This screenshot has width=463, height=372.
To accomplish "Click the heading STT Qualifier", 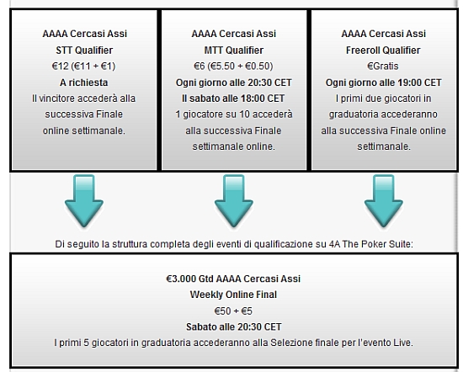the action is click(84, 50).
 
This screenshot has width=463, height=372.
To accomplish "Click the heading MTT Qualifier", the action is click(233, 50).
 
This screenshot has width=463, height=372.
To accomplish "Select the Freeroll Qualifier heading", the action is click(383, 50).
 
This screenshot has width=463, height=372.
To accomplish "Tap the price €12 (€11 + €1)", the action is click(83, 66).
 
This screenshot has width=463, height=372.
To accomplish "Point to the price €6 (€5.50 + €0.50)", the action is click(233, 66).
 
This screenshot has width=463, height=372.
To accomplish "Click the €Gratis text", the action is click(383, 66).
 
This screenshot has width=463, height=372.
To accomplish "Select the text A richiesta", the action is click(84, 82).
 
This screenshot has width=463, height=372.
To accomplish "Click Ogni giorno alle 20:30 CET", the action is click(233, 82).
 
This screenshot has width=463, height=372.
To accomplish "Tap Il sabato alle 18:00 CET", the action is click(233, 98).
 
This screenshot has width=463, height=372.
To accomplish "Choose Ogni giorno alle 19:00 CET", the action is click(383, 82).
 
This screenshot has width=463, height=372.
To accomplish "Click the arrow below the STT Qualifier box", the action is click(84, 201).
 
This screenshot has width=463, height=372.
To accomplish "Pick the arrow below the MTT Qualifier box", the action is click(234, 201).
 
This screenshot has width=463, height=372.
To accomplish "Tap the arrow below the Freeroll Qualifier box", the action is click(384, 201).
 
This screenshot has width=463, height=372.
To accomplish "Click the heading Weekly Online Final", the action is click(233, 295).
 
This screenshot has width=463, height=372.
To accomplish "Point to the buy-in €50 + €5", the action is click(233, 311).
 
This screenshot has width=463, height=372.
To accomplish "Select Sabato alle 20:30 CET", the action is click(233, 327).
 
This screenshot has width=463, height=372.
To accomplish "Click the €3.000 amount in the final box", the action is click(181, 279).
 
